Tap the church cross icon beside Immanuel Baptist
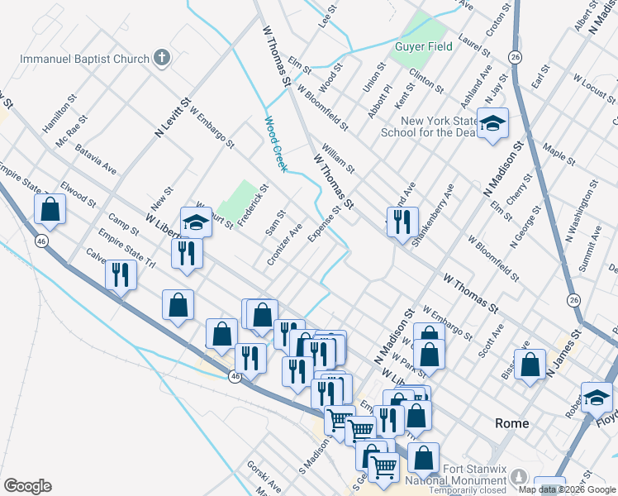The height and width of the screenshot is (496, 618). click(x=163, y=59)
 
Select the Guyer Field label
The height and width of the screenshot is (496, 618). click(x=423, y=46)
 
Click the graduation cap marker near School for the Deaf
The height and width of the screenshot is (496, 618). click(x=492, y=125)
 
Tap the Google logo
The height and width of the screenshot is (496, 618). click(x=27, y=486)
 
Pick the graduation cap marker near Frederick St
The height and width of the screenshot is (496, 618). click(x=196, y=222)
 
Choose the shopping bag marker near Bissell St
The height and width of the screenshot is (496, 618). click(x=530, y=365)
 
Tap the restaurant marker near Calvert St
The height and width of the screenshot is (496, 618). click(x=121, y=275)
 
